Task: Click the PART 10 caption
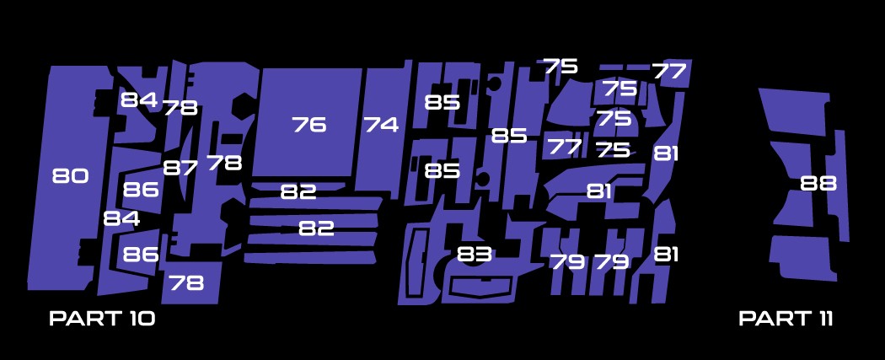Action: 102,318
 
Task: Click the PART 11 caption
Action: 786,318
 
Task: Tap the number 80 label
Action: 70,176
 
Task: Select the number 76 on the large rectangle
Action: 308,125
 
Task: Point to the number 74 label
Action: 381,125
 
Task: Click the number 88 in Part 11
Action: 818,183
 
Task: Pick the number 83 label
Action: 475,253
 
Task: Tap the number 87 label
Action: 180,168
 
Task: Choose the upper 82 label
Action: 298,192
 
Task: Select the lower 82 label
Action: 316,228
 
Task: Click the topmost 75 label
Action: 560,67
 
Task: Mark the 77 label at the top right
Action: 669,72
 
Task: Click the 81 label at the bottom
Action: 666,254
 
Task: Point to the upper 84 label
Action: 138,100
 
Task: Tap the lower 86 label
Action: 141,254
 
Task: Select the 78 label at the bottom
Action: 186,283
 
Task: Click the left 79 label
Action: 567,261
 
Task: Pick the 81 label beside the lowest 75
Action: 666,153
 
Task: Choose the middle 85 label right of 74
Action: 509,136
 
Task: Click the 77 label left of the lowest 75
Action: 565,147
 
